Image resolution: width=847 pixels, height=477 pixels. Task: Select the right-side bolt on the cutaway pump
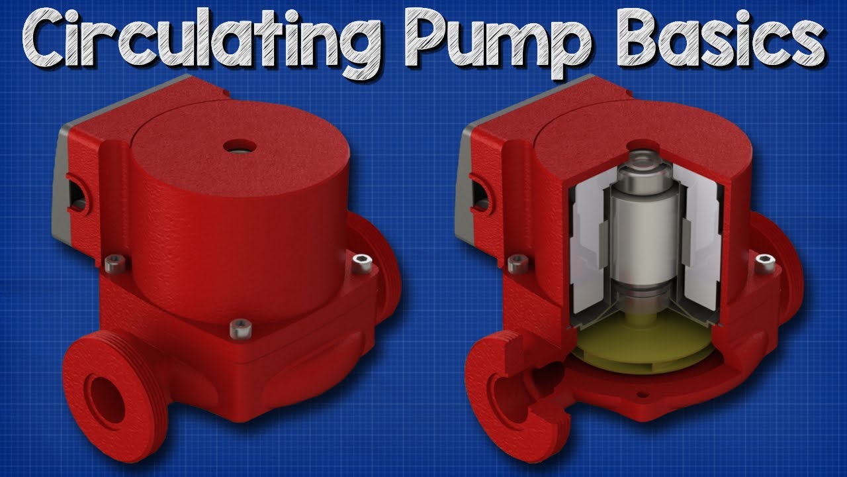765,263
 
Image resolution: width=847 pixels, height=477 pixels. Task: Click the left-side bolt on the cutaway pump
516,263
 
